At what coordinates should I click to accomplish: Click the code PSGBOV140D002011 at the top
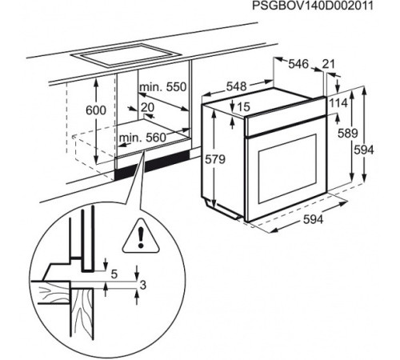pos(313,6)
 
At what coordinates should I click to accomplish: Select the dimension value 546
pos(298,64)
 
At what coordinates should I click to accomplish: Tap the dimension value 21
pos(328,64)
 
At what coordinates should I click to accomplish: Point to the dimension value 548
pos(237,86)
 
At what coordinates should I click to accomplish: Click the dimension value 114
pos(338,103)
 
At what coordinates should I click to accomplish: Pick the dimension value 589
pos(347,134)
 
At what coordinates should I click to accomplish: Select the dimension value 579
pos(215,159)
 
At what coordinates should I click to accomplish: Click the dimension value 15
pos(243,107)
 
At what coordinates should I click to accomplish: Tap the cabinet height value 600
pos(96,110)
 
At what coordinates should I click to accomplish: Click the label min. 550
pos(163,87)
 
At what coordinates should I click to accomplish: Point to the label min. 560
pos(142,138)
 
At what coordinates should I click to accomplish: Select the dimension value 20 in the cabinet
pos(147,107)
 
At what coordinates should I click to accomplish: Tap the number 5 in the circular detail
pos(114,274)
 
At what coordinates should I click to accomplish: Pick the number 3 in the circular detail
pos(143,285)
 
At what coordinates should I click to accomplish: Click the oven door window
pos(287,168)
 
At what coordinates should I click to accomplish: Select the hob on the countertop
pos(126,55)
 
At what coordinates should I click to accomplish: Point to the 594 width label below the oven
pos(313,219)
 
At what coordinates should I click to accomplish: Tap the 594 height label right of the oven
pos(364,150)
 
